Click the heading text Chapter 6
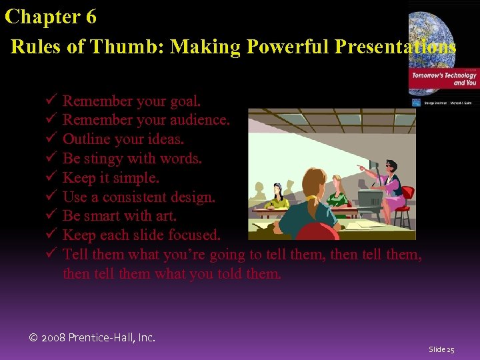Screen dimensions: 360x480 [51, 17]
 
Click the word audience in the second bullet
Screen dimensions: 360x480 [199, 121]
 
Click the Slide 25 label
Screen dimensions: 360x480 [441, 349]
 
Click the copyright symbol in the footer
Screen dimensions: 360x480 [34, 337]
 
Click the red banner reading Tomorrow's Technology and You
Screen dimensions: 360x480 [444, 79]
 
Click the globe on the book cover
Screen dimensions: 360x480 [445, 33]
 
